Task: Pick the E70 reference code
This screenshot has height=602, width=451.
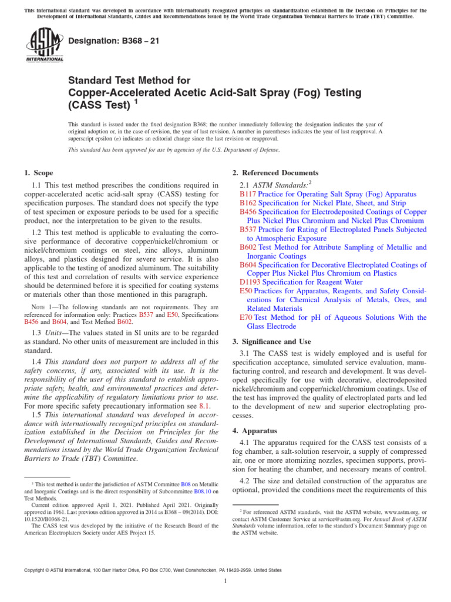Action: click(x=245, y=317)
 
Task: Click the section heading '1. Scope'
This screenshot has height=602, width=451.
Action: click(x=38, y=173)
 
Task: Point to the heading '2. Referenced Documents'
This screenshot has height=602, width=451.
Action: click(x=275, y=173)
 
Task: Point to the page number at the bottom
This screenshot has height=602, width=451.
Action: click(x=225, y=581)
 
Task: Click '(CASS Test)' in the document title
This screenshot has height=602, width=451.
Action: click(x=97, y=106)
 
